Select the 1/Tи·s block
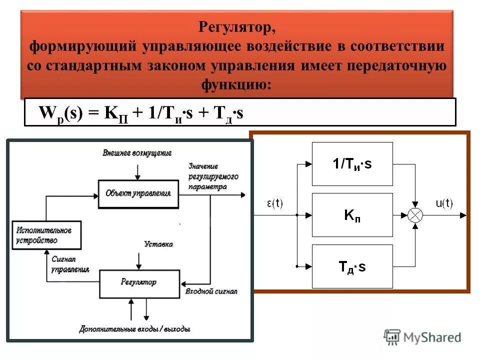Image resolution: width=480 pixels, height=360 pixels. coord(352,163)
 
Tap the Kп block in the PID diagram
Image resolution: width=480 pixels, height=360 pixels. coord(352,214)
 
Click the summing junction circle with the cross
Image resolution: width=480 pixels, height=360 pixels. coord(415,215)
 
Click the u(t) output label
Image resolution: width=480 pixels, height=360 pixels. coord(444,203)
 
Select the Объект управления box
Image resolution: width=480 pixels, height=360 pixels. coord(138,192)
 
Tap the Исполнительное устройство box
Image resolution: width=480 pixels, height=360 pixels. coord(46,235)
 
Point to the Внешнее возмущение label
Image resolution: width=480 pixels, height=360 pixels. coord(137,152)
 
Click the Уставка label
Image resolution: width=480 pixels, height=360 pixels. coord(158,244)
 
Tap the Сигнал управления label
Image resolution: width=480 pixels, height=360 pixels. coord(70,264)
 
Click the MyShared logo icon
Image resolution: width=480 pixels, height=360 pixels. coord(392,337)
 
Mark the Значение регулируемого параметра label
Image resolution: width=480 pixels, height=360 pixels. coord(213,176)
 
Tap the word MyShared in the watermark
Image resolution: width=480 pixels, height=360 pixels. coord(433,337)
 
